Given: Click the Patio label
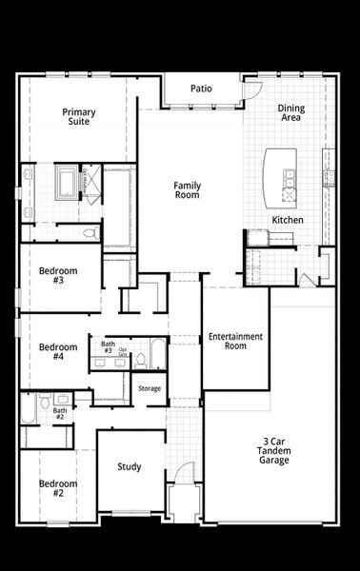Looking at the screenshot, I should [200, 89].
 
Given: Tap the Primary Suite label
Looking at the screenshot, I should [79, 117].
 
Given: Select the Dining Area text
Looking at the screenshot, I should [290, 113].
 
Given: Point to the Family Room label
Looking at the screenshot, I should [187, 189].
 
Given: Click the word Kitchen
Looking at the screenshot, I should [288, 220].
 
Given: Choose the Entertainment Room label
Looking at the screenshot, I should [234, 341].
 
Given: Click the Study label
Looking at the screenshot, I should [130, 466].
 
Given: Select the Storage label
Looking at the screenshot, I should [150, 388].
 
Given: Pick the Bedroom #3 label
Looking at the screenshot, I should [58, 276].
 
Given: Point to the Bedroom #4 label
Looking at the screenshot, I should [58, 352].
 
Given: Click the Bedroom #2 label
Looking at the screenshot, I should [58, 487].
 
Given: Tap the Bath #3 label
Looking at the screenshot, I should [108, 347].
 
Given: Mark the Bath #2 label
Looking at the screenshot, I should [59, 414].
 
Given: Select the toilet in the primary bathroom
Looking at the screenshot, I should [90, 232].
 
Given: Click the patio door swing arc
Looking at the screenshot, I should [252, 89].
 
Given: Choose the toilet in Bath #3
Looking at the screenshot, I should [141, 359].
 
